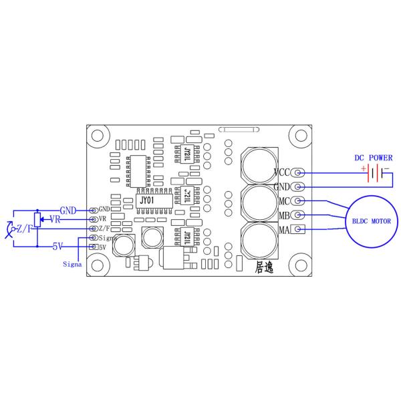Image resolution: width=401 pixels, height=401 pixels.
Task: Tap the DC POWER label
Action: [x=373, y=158]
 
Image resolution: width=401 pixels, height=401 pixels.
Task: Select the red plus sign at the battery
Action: [x=365, y=168]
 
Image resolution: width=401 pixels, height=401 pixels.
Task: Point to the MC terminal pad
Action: [x=298, y=200]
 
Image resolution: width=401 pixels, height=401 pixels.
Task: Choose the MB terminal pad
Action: [x=298, y=215]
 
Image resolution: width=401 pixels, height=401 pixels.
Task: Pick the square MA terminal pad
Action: [x=298, y=230]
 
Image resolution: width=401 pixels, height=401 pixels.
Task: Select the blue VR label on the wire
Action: [x=56, y=219]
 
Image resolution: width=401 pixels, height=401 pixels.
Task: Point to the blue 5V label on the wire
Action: [x=58, y=247]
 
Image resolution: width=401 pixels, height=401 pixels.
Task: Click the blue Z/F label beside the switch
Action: [x=25, y=229]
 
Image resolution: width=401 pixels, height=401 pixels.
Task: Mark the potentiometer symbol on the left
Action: [x=37, y=219]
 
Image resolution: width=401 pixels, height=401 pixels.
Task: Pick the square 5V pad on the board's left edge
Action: [x=93, y=247]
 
